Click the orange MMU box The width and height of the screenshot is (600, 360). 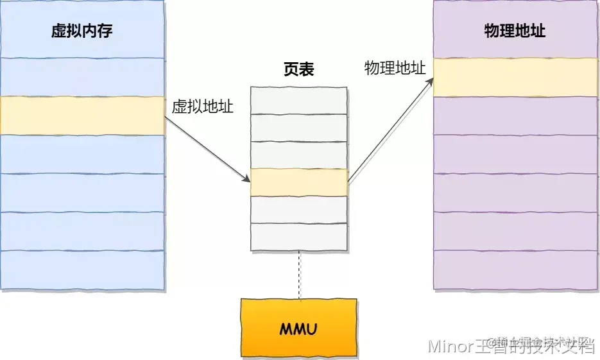coord(299,327)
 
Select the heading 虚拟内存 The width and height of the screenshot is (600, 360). coord(82,31)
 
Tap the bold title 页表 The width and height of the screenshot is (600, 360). coord(299,69)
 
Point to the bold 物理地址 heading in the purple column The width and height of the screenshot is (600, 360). coord(515,30)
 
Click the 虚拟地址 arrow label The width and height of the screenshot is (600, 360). coord(202,107)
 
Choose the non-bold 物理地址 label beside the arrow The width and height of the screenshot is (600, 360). coord(395,69)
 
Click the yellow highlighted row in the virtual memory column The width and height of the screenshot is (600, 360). coord(82,116)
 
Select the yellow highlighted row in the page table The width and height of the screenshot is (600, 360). coord(299,182)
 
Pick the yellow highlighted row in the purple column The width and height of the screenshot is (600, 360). coord(515,77)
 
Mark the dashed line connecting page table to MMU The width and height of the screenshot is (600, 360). coord(299,275)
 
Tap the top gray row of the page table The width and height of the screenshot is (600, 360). coord(299,100)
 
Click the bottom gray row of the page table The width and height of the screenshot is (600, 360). coord(299,236)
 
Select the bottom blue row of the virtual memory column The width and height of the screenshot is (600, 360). coord(82,270)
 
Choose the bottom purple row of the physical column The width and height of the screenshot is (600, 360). coord(515,270)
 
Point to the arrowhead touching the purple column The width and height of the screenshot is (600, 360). coord(429,83)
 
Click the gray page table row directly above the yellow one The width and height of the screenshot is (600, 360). coord(299,155)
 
